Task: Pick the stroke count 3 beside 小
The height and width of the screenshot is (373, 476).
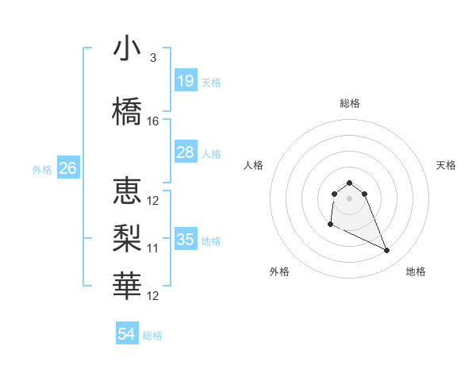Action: pyautogui.click(x=153, y=58)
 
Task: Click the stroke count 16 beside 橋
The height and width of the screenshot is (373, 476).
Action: pyautogui.click(x=153, y=121)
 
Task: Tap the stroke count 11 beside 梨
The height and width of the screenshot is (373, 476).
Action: pyautogui.click(x=153, y=248)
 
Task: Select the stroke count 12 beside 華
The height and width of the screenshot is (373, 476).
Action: pyautogui.click(x=153, y=296)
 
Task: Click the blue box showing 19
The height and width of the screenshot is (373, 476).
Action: pyautogui.click(x=186, y=80)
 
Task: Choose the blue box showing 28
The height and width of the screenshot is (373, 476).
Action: pyautogui.click(x=186, y=152)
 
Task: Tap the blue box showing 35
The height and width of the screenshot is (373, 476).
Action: pyautogui.click(x=186, y=239)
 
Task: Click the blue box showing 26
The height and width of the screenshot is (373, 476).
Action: pyautogui.click(x=68, y=167)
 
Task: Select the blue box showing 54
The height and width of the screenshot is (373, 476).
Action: pyautogui.click(x=127, y=334)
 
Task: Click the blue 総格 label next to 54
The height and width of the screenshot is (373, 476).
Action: pyautogui.click(x=152, y=336)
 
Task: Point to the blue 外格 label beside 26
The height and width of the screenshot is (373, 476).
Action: pyautogui.click(x=42, y=169)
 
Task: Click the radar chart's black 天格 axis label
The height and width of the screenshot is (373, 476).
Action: pyautogui.click(x=447, y=165)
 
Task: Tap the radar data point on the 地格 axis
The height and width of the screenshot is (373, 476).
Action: pyautogui.click(x=387, y=251)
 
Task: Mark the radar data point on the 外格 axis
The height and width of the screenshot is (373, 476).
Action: pyautogui.click(x=330, y=225)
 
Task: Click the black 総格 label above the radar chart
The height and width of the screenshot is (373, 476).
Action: pyautogui.click(x=350, y=103)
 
